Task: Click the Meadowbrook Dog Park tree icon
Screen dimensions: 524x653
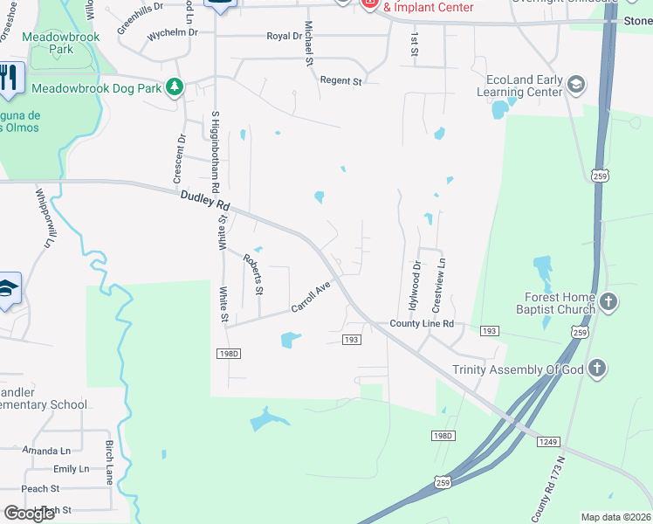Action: (175, 86)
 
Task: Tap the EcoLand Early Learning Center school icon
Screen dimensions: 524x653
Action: (575, 85)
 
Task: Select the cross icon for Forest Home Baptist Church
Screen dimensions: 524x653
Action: (609, 303)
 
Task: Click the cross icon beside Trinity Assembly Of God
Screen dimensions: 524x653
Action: (597, 368)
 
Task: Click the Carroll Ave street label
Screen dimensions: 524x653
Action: (312, 296)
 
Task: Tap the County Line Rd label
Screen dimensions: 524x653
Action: (422, 323)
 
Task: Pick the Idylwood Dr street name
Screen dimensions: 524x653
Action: (416, 286)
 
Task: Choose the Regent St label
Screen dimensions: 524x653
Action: (340, 81)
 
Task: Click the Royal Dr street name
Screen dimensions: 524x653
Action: (285, 37)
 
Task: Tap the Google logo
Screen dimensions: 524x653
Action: (29, 514)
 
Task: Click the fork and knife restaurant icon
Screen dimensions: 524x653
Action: (10, 79)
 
